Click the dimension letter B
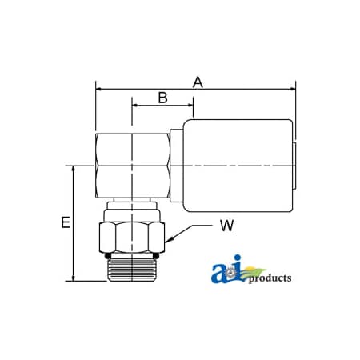click(x=162, y=98)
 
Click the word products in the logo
click(x=270, y=278)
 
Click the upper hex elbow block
click(x=132, y=166)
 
